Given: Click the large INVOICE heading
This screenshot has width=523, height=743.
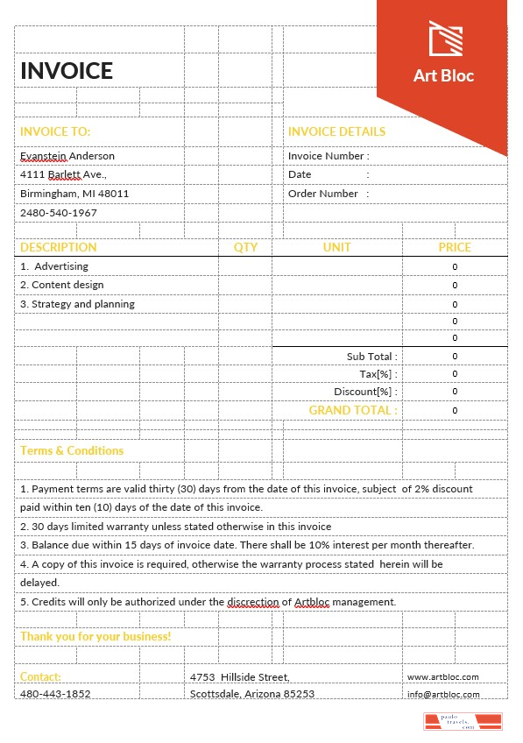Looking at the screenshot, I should click(x=67, y=71).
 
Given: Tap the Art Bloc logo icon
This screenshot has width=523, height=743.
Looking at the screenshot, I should click(x=444, y=38).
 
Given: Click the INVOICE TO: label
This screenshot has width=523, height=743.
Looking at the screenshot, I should click(x=55, y=131).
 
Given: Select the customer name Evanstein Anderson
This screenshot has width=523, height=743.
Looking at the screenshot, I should click(x=67, y=156).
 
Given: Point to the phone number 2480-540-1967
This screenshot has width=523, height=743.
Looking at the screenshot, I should click(x=59, y=213).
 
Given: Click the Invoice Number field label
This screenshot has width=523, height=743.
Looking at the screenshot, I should click(x=329, y=156).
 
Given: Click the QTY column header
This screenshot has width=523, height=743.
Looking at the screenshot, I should click(x=245, y=247).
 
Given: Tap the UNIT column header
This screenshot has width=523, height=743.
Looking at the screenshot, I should click(x=336, y=247).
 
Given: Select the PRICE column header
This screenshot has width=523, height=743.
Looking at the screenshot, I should click(x=455, y=247).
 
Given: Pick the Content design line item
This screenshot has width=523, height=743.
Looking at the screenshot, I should click(x=62, y=285).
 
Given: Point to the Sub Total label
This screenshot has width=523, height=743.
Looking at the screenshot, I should click(x=371, y=357).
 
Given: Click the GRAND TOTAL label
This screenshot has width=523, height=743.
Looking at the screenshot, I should click(x=353, y=410).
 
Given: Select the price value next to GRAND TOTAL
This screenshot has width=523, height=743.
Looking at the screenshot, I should click(x=455, y=410).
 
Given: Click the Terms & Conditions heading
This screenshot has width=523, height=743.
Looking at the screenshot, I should click(x=72, y=450).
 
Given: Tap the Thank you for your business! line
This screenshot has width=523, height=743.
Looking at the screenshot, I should click(x=95, y=636).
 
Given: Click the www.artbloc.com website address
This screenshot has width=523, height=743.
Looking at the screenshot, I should click(x=442, y=677).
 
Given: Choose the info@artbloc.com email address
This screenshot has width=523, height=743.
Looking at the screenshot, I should click(x=443, y=694).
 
